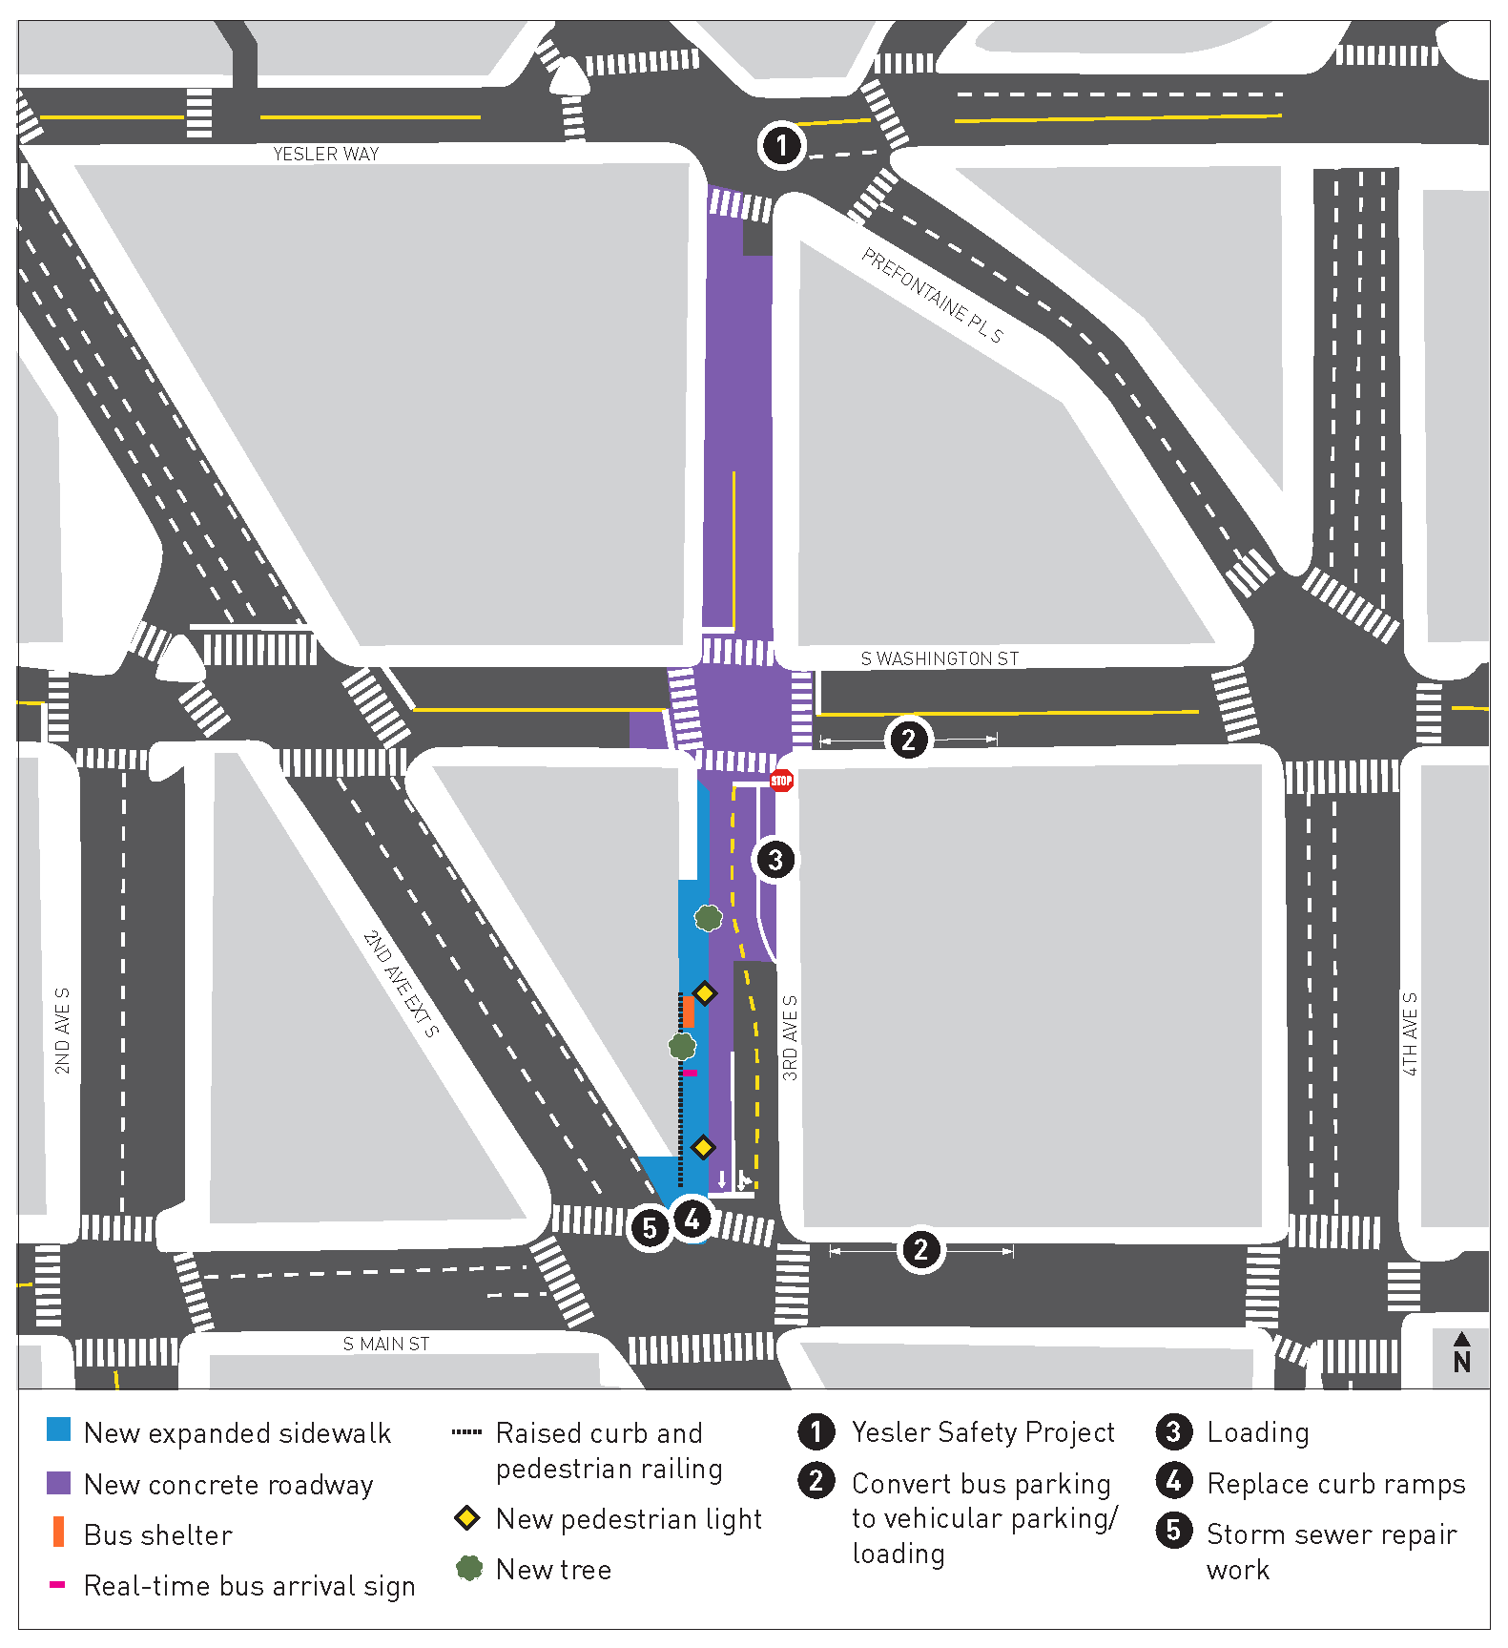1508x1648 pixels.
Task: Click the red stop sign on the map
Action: (x=781, y=781)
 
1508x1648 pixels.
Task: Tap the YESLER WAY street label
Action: (x=325, y=154)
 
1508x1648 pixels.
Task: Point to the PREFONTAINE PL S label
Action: (x=932, y=295)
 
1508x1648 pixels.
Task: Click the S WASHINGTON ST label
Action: (x=940, y=658)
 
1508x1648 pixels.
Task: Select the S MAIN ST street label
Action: (x=386, y=1344)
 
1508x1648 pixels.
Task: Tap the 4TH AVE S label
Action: (x=1410, y=1033)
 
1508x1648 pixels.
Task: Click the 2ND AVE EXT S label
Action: (x=402, y=983)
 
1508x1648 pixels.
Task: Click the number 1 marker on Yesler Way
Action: (x=782, y=146)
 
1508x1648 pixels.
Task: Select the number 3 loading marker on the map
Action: (x=775, y=860)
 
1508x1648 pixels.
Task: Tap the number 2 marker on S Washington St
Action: (x=908, y=740)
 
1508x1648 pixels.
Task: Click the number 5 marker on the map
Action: (x=650, y=1228)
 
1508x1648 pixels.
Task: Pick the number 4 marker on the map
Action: (x=692, y=1219)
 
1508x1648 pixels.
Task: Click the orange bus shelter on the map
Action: (x=688, y=1012)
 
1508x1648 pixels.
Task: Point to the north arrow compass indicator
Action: (x=1461, y=1353)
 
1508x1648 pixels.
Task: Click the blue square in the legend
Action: (x=58, y=1429)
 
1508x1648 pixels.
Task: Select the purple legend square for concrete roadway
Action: (x=58, y=1483)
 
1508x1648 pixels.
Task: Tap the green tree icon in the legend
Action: (x=468, y=1568)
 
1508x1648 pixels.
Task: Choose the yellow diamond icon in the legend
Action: (x=466, y=1517)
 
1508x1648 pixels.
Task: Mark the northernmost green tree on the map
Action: (x=708, y=918)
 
